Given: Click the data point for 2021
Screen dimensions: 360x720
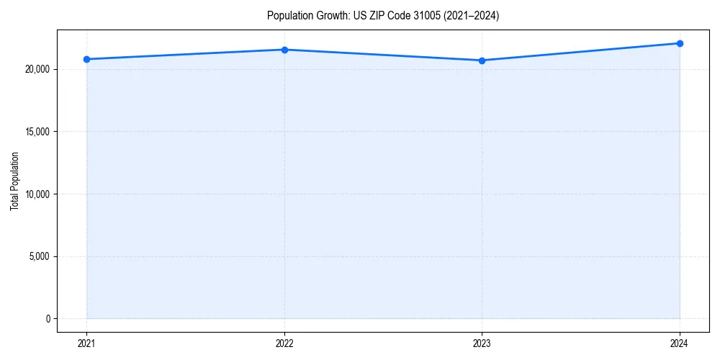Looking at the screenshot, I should click(x=86, y=59).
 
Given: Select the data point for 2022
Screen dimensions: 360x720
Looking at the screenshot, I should click(x=284, y=50).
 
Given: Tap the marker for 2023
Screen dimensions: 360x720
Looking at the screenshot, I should click(x=482, y=60).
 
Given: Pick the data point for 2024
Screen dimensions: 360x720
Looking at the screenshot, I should click(x=680, y=43).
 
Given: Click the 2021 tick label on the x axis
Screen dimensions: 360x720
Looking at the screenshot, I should click(x=86, y=343).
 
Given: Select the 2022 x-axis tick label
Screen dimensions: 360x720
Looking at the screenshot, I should click(x=284, y=343).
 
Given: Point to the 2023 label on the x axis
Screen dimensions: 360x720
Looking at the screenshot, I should click(x=482, y=343).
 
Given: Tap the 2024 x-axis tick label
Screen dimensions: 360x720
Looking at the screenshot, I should click(x=680, y=343).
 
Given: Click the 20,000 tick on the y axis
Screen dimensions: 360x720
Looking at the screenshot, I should click(x=36, y=69).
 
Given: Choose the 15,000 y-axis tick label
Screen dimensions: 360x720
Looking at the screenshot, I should click(x=36, y=132).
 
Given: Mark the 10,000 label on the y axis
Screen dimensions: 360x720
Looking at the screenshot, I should click(x=36, y=194).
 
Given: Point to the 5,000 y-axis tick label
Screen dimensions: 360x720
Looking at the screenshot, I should click(x=38, y=256).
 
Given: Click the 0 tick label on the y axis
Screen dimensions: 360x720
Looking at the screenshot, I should click(x=47, y=318).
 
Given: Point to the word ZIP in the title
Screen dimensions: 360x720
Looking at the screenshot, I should click(x=377, y=16).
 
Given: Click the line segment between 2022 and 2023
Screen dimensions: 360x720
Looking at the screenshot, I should click(x=383, y=55).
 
